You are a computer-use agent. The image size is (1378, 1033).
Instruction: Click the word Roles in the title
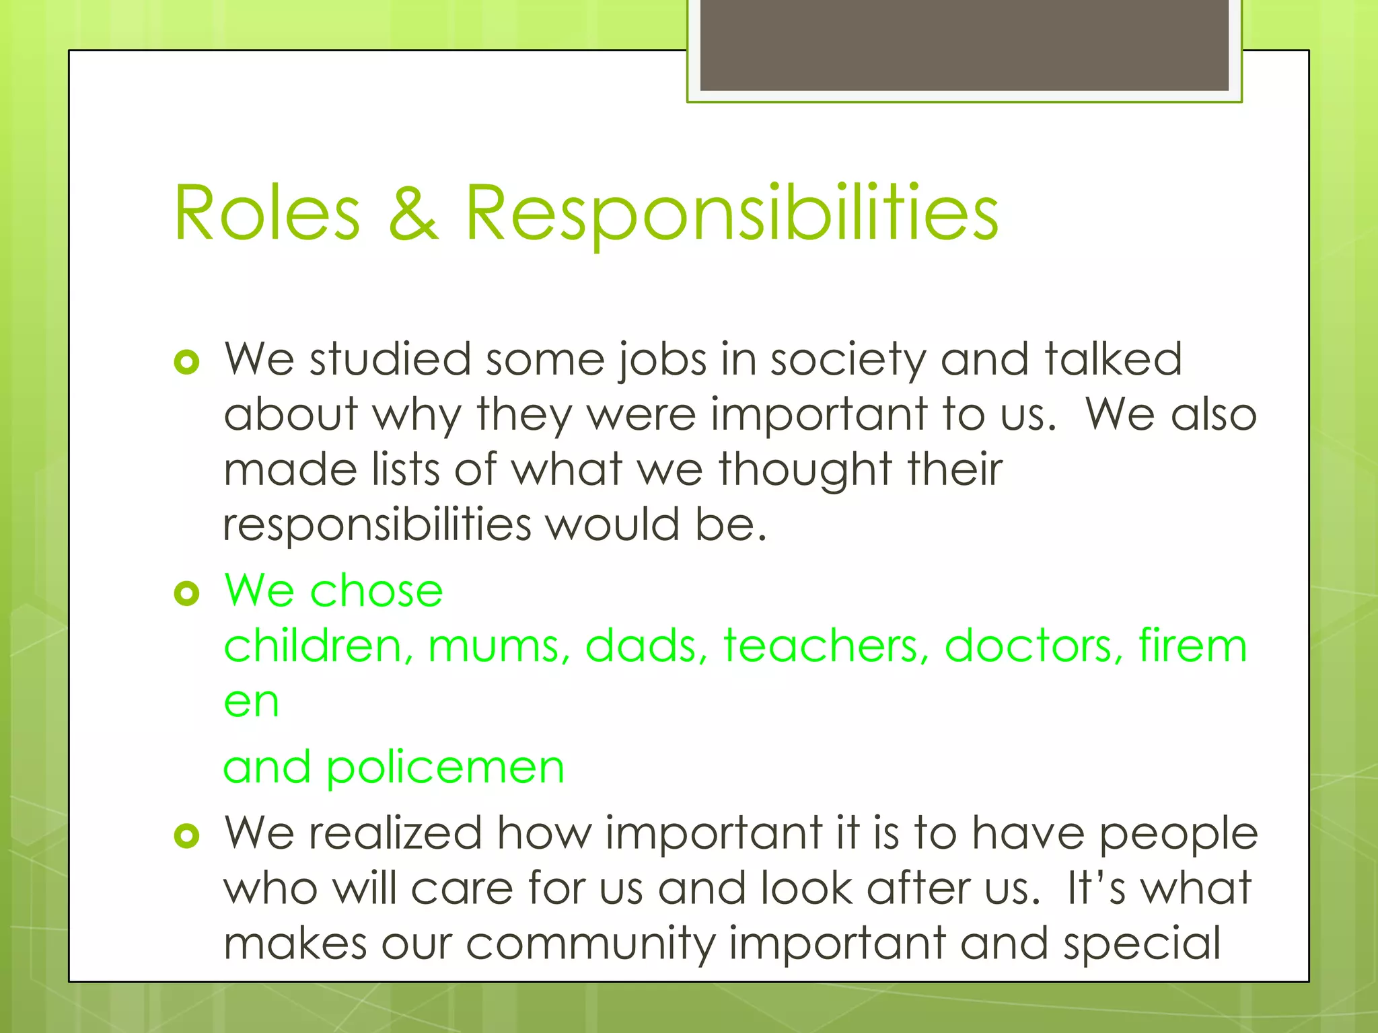coord(267,213)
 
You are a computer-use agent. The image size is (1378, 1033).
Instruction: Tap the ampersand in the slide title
coord(414,213)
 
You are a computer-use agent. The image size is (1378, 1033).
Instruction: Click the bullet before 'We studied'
coord(186,362)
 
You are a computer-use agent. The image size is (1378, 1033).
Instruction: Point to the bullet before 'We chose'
coord(186,593)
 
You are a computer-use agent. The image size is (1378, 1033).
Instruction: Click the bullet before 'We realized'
coord(186,836)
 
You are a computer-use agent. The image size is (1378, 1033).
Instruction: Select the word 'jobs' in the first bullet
coord(662,360)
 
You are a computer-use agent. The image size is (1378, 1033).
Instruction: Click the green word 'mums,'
coord(499,647)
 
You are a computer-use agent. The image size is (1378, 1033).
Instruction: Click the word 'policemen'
coord(445,768)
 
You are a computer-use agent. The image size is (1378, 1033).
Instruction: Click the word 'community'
coord(590,944)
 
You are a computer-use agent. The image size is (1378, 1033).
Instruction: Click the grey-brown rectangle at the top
coord(964,45)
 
